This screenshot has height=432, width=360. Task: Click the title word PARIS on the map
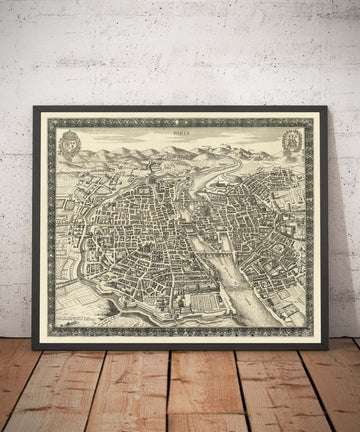[x=180, y=128]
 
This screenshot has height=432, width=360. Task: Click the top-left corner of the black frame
[x=34, y=107]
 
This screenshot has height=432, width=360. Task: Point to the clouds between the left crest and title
[x=115, y=135]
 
